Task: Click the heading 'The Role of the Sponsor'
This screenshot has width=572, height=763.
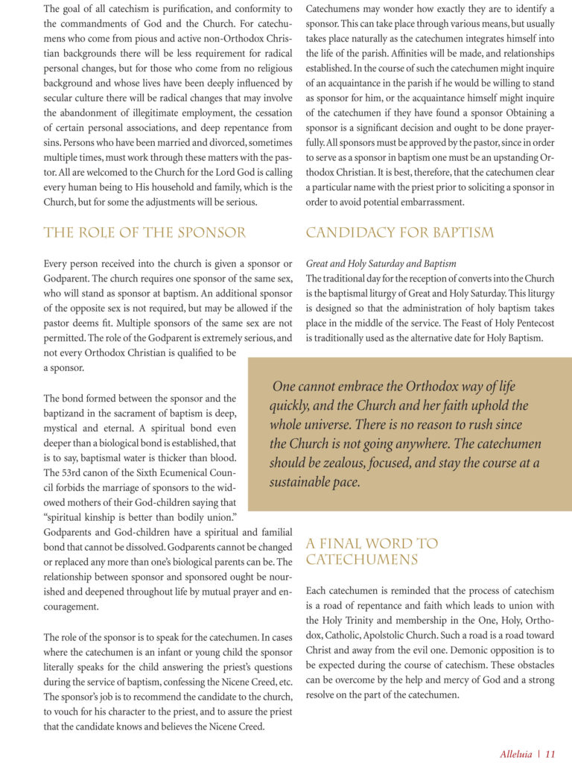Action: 144,233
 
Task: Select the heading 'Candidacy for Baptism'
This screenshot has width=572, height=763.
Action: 399,233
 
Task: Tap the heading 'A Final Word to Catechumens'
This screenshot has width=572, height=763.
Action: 372,551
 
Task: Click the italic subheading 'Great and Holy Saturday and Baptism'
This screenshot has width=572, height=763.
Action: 381,264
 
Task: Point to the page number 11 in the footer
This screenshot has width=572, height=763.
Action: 550,753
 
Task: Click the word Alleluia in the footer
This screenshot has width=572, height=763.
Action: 517,753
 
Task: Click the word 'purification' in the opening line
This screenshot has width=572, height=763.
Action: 206,9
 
